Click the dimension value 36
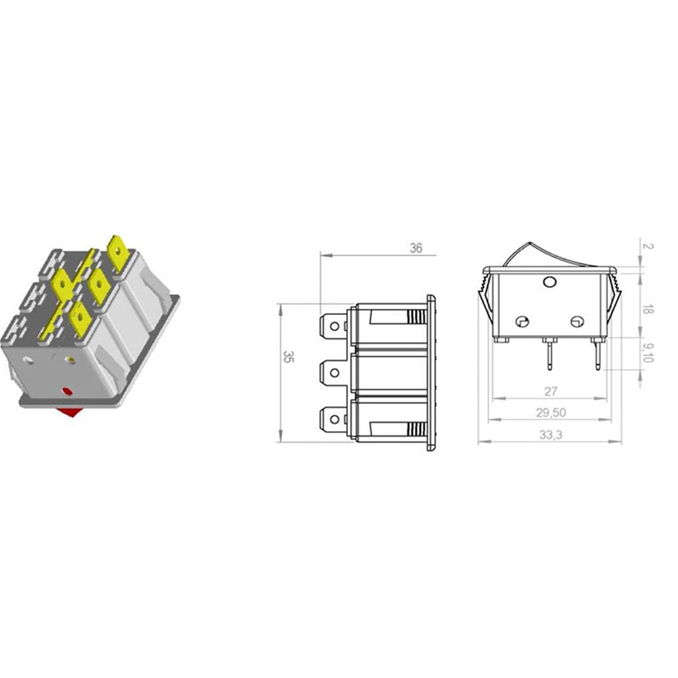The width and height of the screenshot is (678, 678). pyautogui.click(x=416, y=249)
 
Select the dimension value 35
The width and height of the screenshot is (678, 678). pyautogui.click(x=288, y=357)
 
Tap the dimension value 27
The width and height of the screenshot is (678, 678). pyautogui.click(x=551, y=391)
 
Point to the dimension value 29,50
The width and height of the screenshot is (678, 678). pyautogui.click(x=551, y=412)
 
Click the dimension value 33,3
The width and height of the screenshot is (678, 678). pyautogui.click(x=551, y=435)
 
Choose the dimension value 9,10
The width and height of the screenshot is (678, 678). pyautogui.click(x=648, y=353)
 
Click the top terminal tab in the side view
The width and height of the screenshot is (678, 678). pyautogui.click(x=333, y=325)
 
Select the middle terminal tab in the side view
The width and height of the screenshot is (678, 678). pyautogui.click(x=333, y=372)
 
